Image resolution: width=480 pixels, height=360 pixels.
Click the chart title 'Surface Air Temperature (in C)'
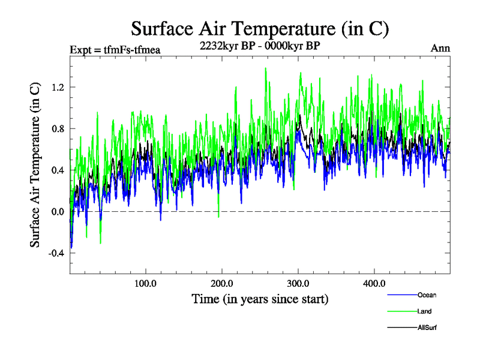pyautogui.click(x=260, y=28)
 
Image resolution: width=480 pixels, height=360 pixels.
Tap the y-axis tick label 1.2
pyautogui.click(x=56, y=87)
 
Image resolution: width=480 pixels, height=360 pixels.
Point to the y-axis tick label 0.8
pyautogui.click(x=56, y=128)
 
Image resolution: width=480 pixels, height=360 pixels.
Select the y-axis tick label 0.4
pyautogui.click(x=56, y=170)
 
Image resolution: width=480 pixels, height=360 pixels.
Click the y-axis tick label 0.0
pyautogui.click(x=56, y=211)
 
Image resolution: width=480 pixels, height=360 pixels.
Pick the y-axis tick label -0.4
pyautogui.click(x=55, y=253)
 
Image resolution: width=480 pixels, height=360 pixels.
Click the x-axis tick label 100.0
pyautogui.click(x=146, y=283)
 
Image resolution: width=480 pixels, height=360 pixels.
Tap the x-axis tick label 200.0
pyautogui.click(x=222, y=283)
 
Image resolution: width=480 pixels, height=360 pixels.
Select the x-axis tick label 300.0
pyautogui.click(x=298, y=283)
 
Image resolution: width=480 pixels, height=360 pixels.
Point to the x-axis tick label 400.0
pyautogui.click(x=374, y=283)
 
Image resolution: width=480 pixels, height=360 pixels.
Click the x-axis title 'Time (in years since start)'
pyautogui.click(x=260, y=298)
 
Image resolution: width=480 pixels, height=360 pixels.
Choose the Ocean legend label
pyautogui.click(x=427, y=295)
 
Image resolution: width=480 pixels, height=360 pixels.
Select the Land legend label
pyautogui.click(x=424, y=311)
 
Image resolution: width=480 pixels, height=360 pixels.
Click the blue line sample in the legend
pyautogui.click(x=402, y=295)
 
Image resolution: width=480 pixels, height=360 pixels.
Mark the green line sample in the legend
pyautogui.click(x=402, y=311)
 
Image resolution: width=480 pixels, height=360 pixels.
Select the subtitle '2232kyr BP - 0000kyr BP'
pyautogui.click(x=260, y=44)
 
